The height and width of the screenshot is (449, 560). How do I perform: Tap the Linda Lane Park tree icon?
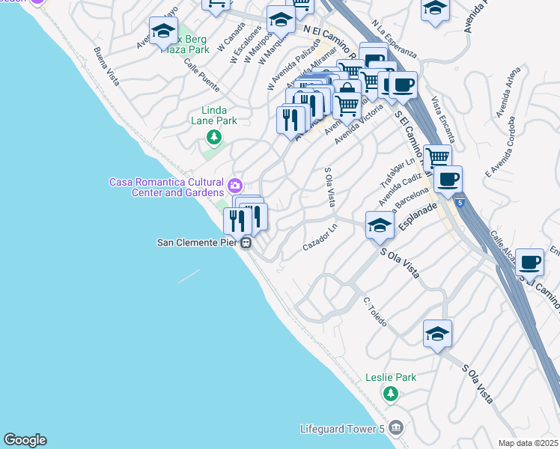click(x=214, y=136)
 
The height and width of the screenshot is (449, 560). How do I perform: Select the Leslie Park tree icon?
click(x=389, y=393)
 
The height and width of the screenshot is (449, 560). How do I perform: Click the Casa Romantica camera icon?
click(x=235, y=184)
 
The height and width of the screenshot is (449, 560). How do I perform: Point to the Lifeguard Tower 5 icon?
click(x=396, y=429)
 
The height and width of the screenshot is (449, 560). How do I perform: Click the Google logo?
click(x=25, y=440)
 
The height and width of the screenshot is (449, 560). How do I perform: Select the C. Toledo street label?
click(x=375, y=311)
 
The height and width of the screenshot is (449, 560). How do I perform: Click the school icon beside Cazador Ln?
click(x=380, y=225)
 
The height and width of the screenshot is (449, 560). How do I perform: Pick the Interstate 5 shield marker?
click(x=458, y=202)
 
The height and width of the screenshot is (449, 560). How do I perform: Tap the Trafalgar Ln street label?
click(x=400, y=174)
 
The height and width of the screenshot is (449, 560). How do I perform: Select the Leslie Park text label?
click(x=391, y=378)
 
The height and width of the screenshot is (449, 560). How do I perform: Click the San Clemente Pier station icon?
click(x=246, y=242)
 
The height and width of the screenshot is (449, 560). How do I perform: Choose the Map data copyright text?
click(x=529, y=443)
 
